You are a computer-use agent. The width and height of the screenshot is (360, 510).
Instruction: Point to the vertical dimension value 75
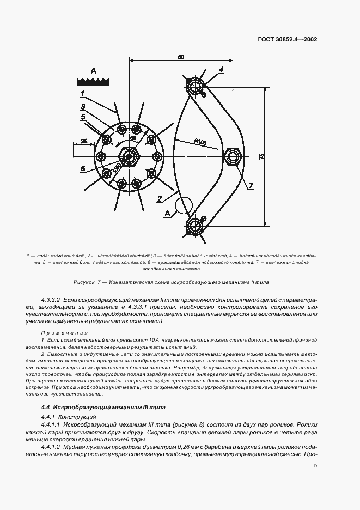click(x=261, y=156)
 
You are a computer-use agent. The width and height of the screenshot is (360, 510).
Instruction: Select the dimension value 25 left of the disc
click(x=83, y=141)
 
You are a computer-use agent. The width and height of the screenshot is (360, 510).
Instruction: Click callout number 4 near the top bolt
click(x=222, y=70)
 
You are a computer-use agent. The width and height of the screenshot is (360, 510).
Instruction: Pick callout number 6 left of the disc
click(x=83, y=169)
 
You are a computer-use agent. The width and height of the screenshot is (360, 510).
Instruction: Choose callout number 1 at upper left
click(x=82, y=94)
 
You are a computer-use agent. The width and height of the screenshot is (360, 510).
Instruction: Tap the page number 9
click(x=315, y=465)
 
